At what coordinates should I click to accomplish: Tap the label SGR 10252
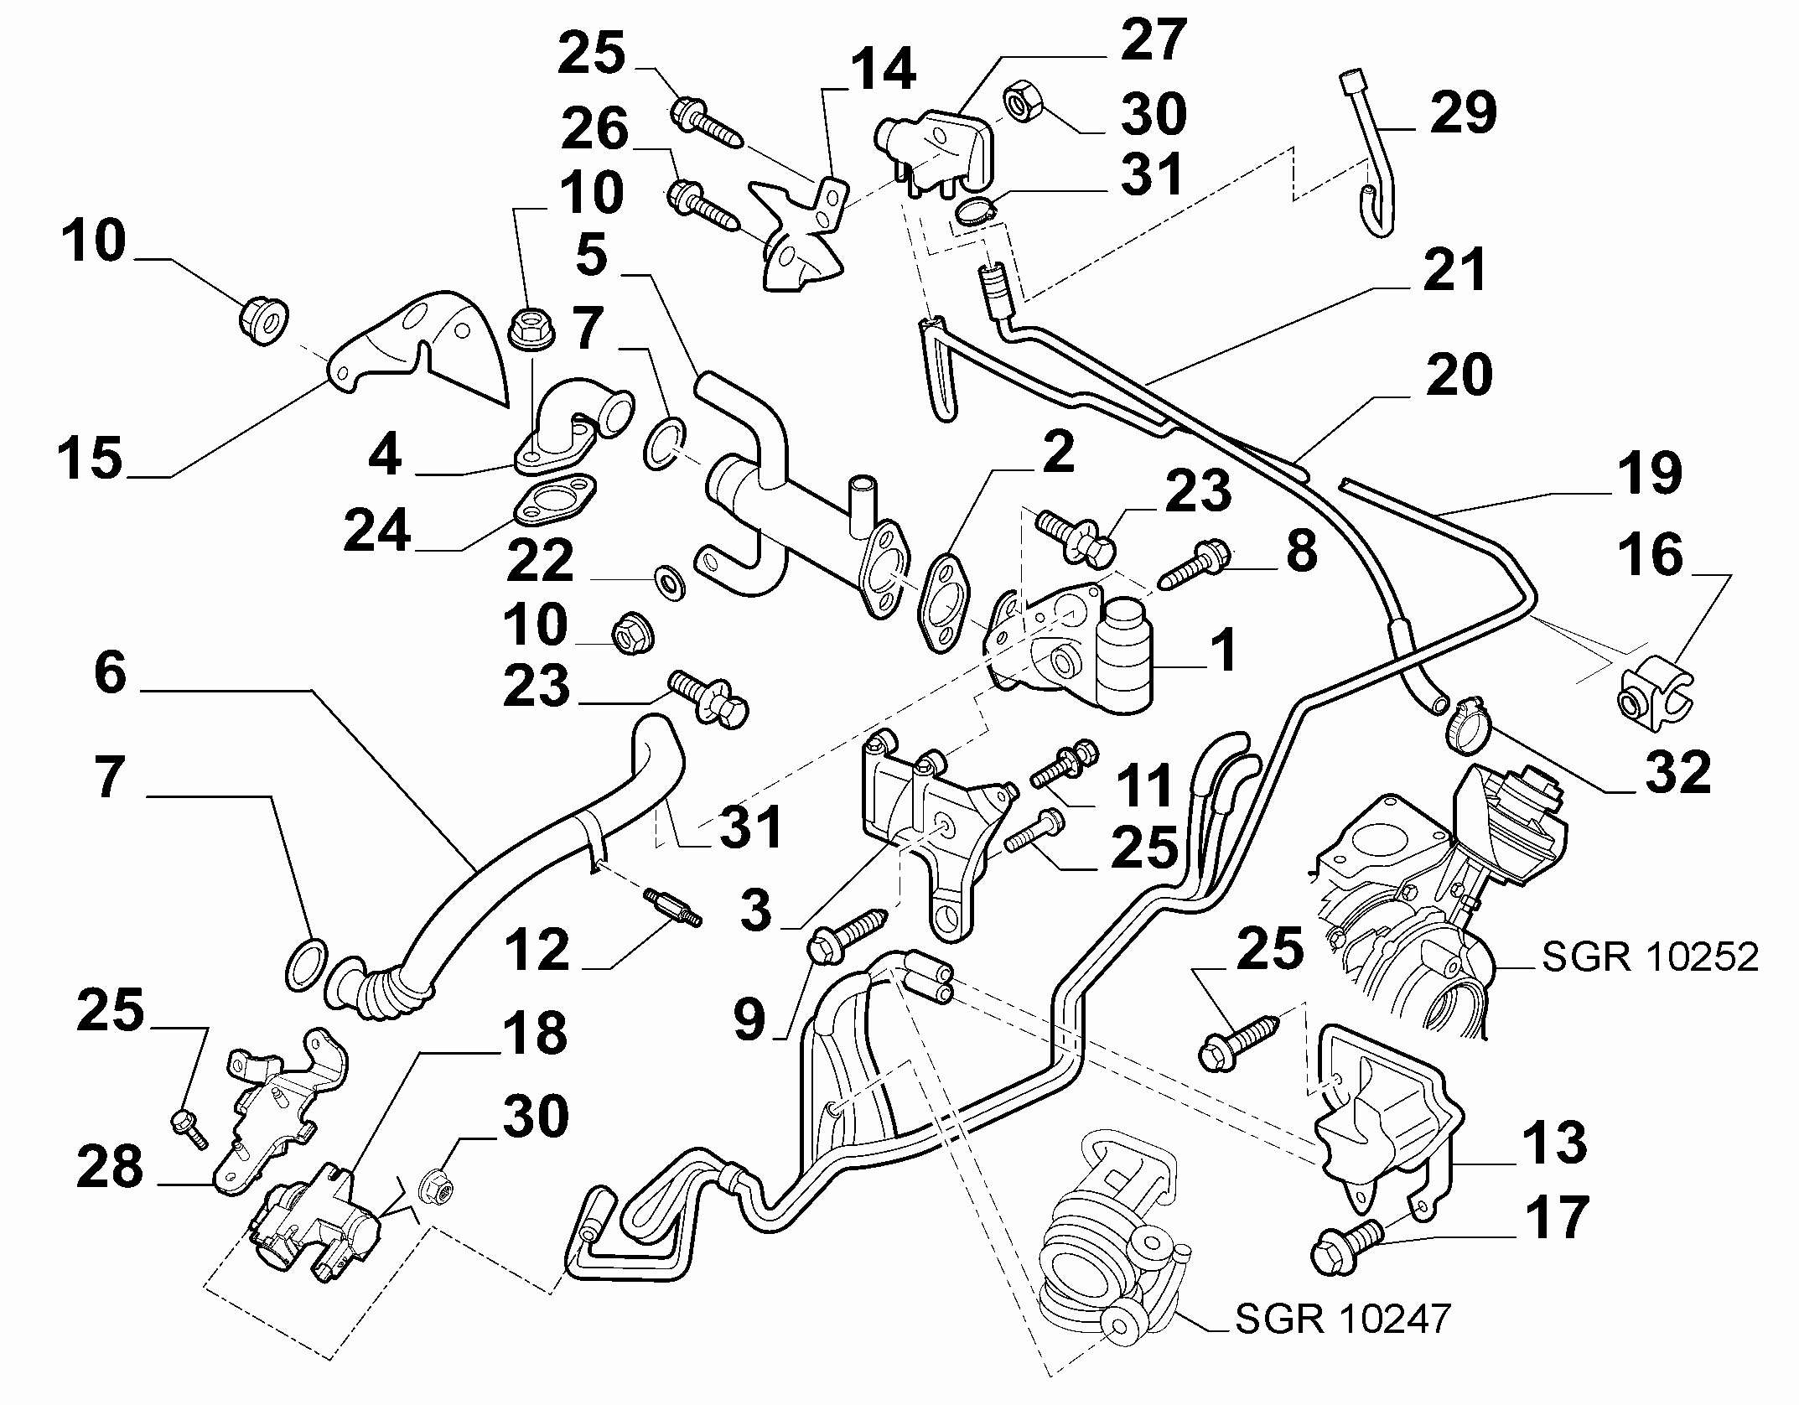coord(1650,957)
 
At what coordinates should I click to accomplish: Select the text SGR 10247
coord(1343,1319)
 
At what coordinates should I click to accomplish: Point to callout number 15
coord(91,459)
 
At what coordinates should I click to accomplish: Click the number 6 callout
coord(111,673)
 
